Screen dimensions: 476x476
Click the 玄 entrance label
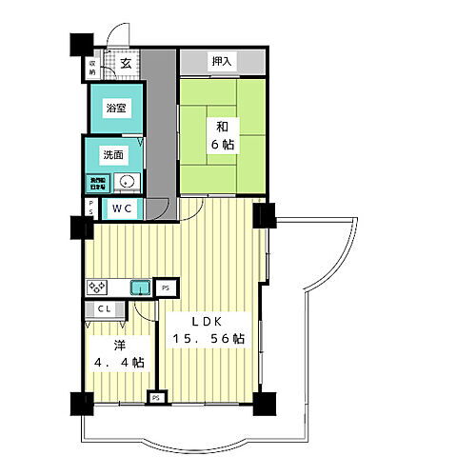pyautogui.click(x=126, y=64)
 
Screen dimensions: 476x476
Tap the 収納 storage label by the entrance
pyautogui.click(x=93, y=67)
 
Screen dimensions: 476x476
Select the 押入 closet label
pyautogui.click(x=222, y=62)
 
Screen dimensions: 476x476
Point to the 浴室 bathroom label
pyautogui.click(x=115, y=109)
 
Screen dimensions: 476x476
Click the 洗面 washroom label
pyautogui.click(x=113, y=156)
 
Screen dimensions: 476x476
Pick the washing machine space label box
pyautogui.click(x=99, y=182)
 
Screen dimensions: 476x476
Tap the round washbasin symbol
pyautogui.click(x=129, y=182)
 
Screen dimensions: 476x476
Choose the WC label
pyautogui.click(x=122, y=208)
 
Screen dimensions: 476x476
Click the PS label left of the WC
pyautogui.click(x=91, y=208)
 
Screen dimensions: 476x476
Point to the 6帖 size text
pyautogui.click(x=222, y=145)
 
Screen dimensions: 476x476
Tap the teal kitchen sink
pyautogui.click(x=141, y=286)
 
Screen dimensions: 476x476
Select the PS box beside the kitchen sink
pyautogui.click(x=166, y=286)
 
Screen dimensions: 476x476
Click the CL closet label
pyautogui.click(x=104, y=310)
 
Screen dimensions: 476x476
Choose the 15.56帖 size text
pyautogui.click(x=208, y=339)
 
